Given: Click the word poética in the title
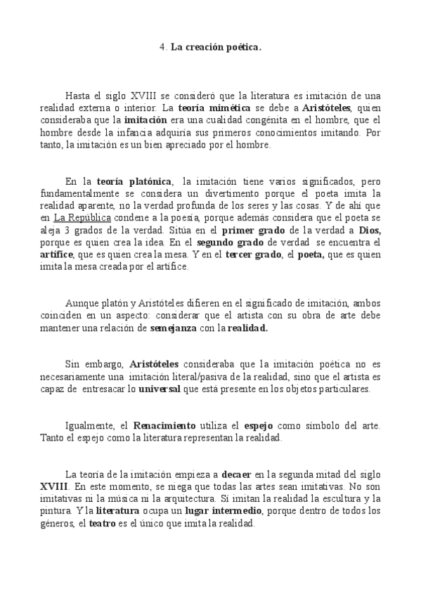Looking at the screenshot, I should pos(242,48).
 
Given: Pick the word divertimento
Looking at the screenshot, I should pos(217,193).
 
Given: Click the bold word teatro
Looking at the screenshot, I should pos(103,523).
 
